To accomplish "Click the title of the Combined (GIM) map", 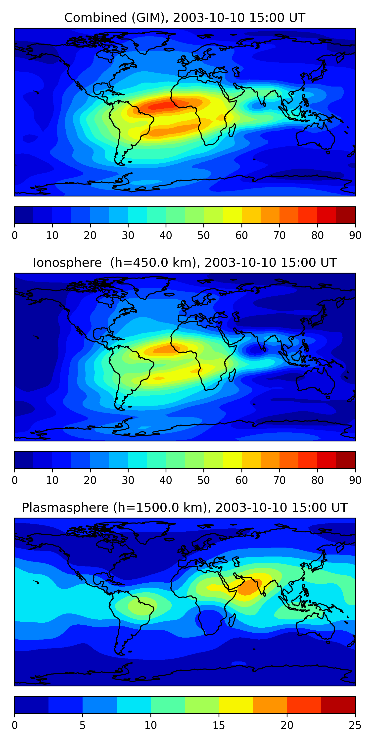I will point(185,18).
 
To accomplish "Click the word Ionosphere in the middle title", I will point(67,263).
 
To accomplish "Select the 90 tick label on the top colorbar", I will point(355,235).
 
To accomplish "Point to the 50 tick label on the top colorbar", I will point(204,235).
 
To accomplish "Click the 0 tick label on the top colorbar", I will point(15,235).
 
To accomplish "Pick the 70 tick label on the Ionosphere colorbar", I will point(280,480).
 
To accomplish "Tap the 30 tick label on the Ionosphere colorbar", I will point(128,480).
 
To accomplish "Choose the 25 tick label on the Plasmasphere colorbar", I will point(355,725).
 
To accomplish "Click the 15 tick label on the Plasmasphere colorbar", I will point(219,725).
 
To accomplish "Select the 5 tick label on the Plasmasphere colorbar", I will point(83,725).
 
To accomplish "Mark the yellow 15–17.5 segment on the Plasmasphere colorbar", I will point(236,705).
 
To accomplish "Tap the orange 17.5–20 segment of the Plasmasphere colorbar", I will point(270,705).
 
